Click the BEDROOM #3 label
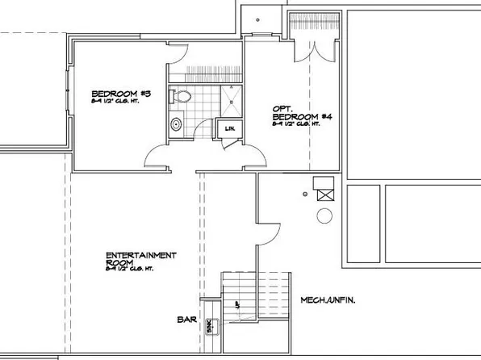coord(114,93)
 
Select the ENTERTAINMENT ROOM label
coord(141,259)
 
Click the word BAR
coord(187,319)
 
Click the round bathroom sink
coord(177,125)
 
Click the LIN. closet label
coord(229,128)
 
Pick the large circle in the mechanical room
coord(325,216)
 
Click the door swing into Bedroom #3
coord(158,155)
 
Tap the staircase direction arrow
coord(237,305)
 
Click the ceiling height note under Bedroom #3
coord(113,103)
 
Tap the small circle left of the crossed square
coord(305,194)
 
